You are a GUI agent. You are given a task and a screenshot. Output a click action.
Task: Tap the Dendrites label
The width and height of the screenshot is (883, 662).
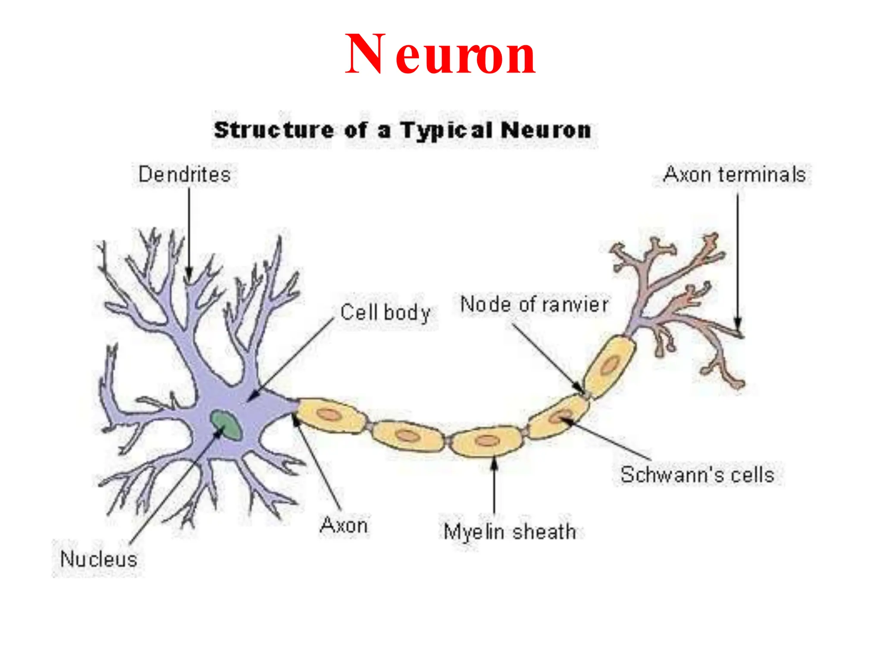pyautogui.click(x=185, y=175)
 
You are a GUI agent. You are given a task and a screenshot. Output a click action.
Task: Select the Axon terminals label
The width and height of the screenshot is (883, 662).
pyautogui.click(x=734, y=175)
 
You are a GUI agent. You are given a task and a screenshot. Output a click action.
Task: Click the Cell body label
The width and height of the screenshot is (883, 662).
pyautogui.click(x=385, y=312)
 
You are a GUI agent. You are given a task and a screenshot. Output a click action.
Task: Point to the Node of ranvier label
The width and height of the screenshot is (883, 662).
pyautogui.click(x=534, y=304)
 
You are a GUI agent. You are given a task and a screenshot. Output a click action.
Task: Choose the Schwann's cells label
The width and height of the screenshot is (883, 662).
pyautogui.click(x=697, y=475)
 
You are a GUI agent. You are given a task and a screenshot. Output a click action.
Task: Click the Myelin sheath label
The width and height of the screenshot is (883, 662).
pyautogui.click(x=510, y=531)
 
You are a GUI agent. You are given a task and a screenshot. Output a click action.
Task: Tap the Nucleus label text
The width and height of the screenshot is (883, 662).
pyautogui.click(x=99, y=559)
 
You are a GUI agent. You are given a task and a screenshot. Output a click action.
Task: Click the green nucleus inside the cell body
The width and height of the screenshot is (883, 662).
pyautogui.click(x=225, y=425)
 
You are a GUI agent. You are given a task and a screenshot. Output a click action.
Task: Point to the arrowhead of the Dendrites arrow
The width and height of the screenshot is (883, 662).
pyautogui.click(x=189, y=276)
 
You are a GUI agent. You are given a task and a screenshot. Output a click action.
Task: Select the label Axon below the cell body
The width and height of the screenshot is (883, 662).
pyautogui.click(x=344, y=525)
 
